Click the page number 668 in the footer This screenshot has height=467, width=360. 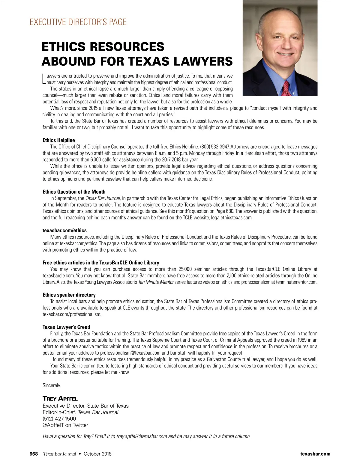(x=33, y=454)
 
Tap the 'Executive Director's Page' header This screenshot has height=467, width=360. (x=78, y=22)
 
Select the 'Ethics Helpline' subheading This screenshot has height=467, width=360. (x=59, y=140)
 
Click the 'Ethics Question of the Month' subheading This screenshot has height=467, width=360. (x=74, y=192)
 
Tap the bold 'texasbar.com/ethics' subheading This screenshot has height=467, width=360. (x=64, y=231)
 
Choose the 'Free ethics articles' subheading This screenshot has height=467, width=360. (x=101, y=263)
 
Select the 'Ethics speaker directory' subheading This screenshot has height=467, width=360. (x=69, y=295)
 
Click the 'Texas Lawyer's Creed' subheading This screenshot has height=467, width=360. (x=66, y=327)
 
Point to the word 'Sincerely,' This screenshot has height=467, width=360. (x=52, y=385)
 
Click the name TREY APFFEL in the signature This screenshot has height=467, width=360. (x=60, y=399)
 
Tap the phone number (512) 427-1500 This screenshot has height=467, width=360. (x=59, y=419)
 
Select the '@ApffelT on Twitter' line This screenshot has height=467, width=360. (x=65, y=425)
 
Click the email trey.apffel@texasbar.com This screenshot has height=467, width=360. (x=141, y=436)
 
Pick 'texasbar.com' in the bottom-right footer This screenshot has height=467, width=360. (x=315, y=454)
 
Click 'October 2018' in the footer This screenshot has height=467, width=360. (x=97, y=454)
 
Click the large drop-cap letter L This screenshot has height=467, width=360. (x=44, y=78)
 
